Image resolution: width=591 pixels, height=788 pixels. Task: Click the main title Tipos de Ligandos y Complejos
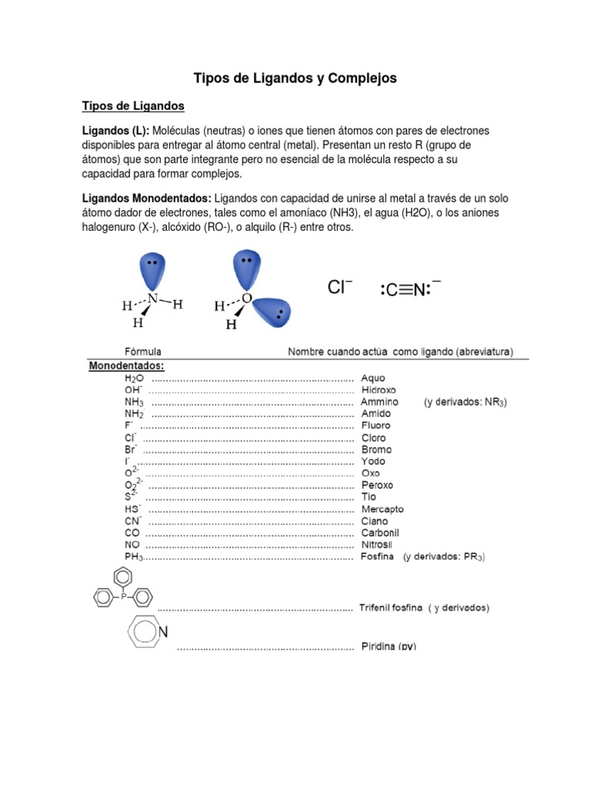tap(295, 78)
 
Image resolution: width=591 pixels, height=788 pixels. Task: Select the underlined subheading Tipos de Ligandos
tap(133, 105)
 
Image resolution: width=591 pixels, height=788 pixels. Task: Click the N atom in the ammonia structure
tap(152, 299)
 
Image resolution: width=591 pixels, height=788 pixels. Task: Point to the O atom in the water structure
tap(246, 298)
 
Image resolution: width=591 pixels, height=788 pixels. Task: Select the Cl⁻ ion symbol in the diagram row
tap(339, 288)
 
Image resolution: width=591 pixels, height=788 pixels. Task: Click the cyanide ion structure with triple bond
tap(410, 289)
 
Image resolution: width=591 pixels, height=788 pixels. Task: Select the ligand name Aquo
tap(373, 378)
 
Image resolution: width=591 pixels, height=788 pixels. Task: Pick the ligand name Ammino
tap(379, 402)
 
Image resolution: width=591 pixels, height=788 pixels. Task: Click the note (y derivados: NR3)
tap(465, 402)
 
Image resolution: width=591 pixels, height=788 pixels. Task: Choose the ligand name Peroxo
tap(377, 485)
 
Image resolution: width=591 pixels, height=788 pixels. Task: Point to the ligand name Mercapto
tap(382, 509)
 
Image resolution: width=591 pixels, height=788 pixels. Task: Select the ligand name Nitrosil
tap(379, 544)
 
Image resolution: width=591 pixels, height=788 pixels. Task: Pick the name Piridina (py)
tap(389, 646)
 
